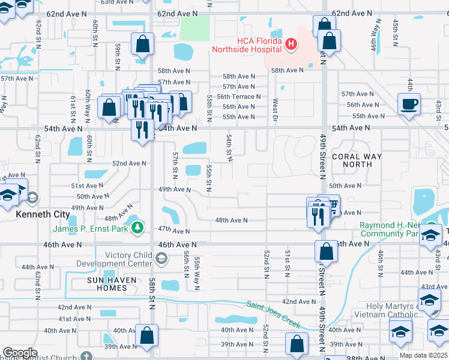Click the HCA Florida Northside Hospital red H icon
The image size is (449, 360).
tap(291, 43)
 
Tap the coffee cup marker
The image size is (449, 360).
tap(409, 103)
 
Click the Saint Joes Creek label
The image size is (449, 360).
tap(273, 314)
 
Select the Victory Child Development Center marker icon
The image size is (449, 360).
tap(161, 259)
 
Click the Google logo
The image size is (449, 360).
tap(20, 353)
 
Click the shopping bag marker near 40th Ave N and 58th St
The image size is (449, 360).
tap(146, 336)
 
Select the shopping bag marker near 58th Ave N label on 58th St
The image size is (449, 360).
tap(143, 44)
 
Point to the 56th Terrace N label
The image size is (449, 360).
tap(238, 97)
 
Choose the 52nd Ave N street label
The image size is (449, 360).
tap(129, 163)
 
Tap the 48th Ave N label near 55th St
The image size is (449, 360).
tap(231, 221)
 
